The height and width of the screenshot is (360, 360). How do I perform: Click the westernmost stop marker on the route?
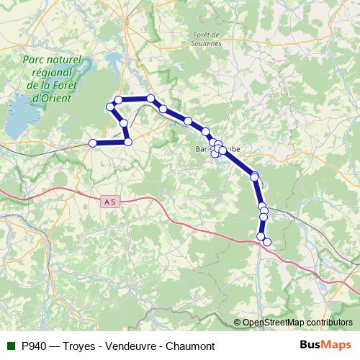pos(92,143)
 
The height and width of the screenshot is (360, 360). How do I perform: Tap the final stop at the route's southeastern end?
pos(267,242)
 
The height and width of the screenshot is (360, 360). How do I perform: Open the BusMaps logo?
pos(325,346)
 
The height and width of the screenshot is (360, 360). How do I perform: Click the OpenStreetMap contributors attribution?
pos(297,322)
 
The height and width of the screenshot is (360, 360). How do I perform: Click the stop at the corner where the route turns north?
pos(128,142)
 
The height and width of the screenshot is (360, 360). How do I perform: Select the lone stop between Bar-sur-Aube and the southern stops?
pos(254,176)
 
